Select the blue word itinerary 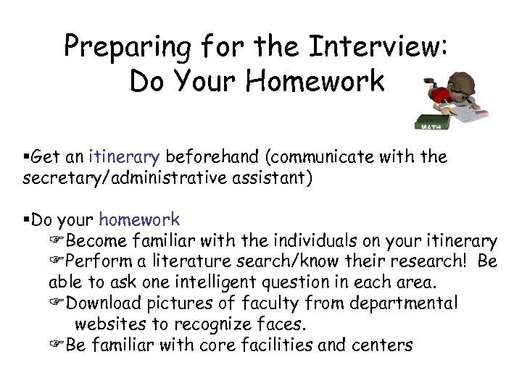coord(124,157)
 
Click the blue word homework coord(139,219)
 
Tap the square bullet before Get coord(27,157)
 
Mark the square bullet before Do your coord(27,219)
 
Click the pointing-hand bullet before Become coord(57,240)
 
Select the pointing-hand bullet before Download coord(57,303)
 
